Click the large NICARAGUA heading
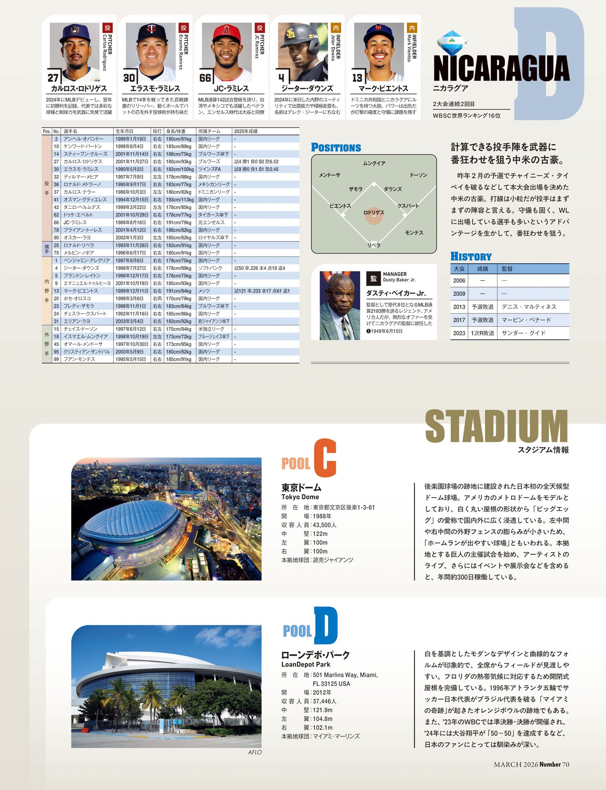click(501, 68)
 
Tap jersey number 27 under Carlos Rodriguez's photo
click(53, 78)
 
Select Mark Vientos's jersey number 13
click(357, 78)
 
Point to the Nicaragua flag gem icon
click(452, 43)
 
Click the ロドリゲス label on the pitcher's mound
click(374, 213)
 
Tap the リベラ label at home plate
click(374, 245)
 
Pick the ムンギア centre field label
click(374, 163)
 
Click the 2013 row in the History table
click(459, 307)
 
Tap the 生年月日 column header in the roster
click(124, 131)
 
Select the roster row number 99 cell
click(56, 360)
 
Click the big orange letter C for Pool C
click(325, 458)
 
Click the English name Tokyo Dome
click(300, 497)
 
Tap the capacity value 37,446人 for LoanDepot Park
click(324, 701)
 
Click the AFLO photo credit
click(254, 752)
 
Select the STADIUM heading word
click(496, 427)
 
